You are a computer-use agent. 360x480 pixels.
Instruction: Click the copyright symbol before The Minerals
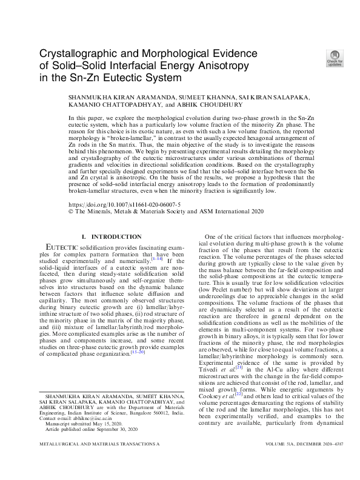point(72,213)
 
